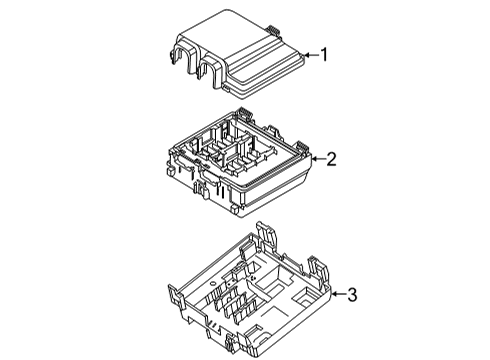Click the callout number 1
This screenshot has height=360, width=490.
click(323, 55)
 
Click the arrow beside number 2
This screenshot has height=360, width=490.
click(315, 158)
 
